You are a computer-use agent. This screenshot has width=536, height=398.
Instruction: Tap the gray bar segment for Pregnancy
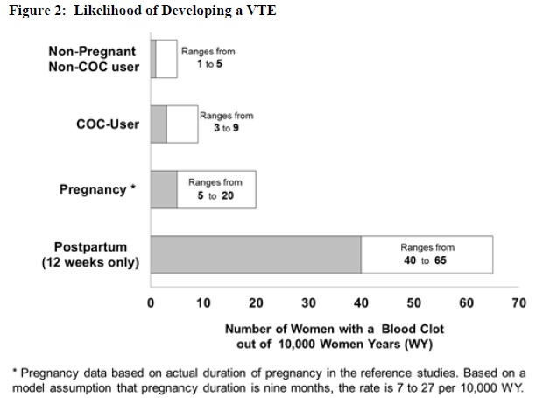(x=164, y=188)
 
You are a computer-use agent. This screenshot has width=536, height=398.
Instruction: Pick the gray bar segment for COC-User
(x=159, y=124)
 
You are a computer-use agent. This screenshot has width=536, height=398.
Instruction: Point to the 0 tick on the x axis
(x=151, y=303)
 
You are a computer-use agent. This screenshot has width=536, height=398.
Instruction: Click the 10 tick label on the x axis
(x=203, y=303)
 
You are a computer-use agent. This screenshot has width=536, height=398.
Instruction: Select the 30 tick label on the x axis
(x=308, y=303)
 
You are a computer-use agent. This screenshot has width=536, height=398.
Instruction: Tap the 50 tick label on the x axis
(x=413, y=303)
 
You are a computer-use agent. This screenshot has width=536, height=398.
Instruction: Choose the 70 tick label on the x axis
(x=518, y=303)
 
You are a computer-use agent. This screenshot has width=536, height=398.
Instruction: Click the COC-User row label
(x=108, y=124)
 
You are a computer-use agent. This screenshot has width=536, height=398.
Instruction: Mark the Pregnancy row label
(x=97, y=189)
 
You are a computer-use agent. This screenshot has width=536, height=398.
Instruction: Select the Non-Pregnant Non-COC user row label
(x=94, y=59)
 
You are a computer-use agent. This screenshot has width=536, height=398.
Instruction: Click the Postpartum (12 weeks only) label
(x=90, y=254)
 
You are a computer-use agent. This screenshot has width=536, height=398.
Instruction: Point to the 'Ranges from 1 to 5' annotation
(x=208, y=59)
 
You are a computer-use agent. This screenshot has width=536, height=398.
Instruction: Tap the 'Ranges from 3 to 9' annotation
(x=226, y=122)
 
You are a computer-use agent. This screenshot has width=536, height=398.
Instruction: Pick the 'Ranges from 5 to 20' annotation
(x=215, y=188)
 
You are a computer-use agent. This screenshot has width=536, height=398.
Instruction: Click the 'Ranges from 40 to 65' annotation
(x=427, y=254)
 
